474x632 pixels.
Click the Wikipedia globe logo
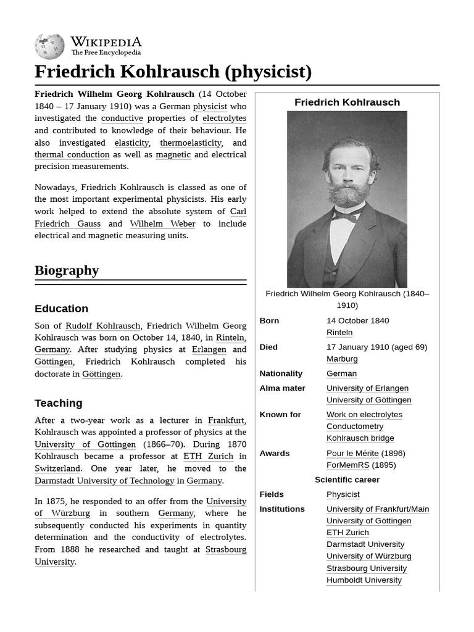coord(49,46)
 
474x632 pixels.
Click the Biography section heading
coord(67,270)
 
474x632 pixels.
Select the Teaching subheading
coord(58,403)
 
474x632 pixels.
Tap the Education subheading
coord(61,309)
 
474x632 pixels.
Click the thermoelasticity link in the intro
coord(190,143)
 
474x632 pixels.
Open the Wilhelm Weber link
coord(162,223)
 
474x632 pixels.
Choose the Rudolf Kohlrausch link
coord(102,326)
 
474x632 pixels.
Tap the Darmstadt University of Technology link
coord(104,481)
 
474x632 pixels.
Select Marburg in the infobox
coord(342,359)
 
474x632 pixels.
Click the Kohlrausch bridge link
coord(360,438)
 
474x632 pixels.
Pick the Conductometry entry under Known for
coord(355,426)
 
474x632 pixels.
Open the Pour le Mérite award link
coord(352,453)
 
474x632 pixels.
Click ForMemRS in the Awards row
coord(347,465)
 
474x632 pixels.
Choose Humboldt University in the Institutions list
coord(364,580)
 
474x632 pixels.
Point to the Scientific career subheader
coord(347,480)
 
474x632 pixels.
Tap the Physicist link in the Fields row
coord(343,494)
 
